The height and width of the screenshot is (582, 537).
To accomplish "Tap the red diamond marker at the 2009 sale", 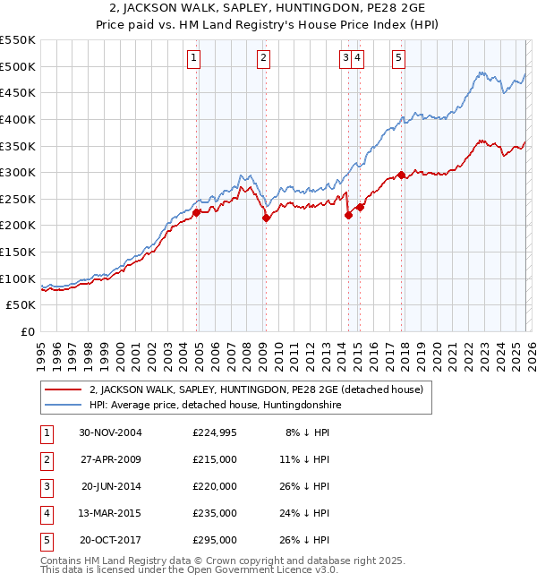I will click(x=266, y=218).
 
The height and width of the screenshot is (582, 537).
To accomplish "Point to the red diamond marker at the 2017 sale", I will click(x=401, y=175).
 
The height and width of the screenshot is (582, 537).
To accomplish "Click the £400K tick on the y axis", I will click(x=19, y=119).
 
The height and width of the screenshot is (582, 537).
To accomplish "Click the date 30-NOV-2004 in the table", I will click(x=111, y=433).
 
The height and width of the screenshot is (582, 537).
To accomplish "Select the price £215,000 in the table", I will click(x=215, y=459).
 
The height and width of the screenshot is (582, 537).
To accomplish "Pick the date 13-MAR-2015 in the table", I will click(x=111, y=513).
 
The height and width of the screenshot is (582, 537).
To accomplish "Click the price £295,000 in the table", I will click(x=215, y=540).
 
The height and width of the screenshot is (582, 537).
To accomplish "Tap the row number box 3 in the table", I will click(x=45, y=486).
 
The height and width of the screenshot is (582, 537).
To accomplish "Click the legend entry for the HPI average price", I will click(x=215, y=405).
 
